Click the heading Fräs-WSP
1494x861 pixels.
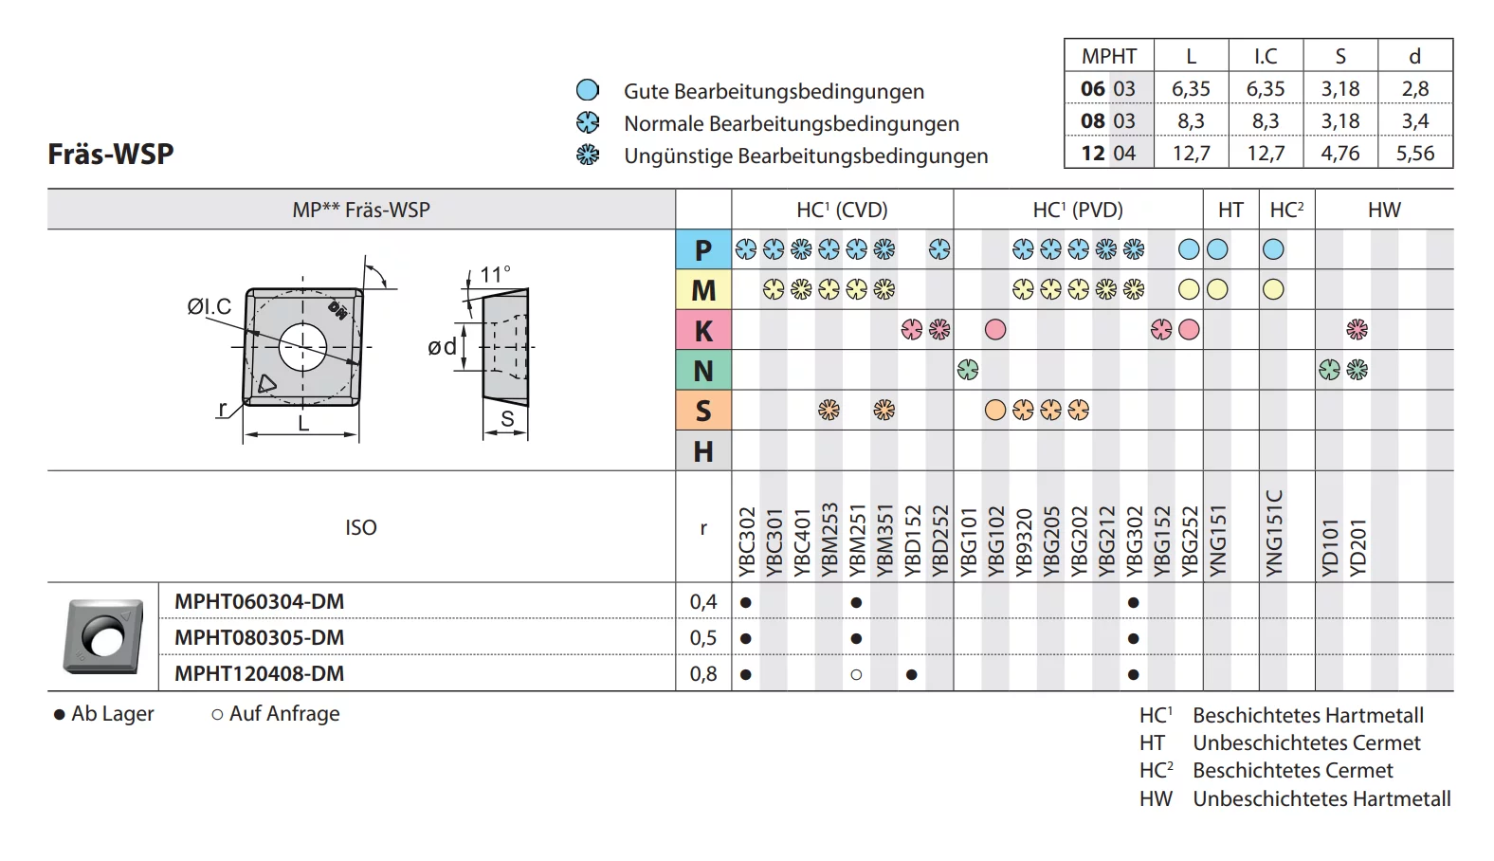click(x=111, y=154)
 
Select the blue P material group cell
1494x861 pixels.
click(x=702, y=249)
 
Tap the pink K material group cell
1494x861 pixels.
click(x=702, y=331)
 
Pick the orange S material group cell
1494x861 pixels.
click(x=702, y=411)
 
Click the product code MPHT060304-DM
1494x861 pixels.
click(x=259, y=601)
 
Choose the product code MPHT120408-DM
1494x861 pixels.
click(x=259, y=673)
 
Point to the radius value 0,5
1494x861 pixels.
click(x=702, y=637)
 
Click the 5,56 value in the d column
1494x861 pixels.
click(x=1414, y=153)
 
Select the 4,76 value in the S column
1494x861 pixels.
click(x=1339, y=153)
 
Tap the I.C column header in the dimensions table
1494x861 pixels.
click(x=1265, y=56)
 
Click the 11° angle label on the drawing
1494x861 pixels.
click(x=495, y=274)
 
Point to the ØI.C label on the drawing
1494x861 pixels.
click(x=209, y=306)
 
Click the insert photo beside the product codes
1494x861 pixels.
click(x=103, y=636)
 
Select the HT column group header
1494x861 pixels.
click(x=1230, y=210)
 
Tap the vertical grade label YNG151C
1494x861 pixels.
click(x=1273, y=532)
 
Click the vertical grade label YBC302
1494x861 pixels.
click(x=746, y=540)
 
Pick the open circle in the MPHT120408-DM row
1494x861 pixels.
click(x=856, y=674)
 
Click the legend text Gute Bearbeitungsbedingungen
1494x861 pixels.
click(x=774, y=91)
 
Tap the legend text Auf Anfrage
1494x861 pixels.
click(x=283, y=713)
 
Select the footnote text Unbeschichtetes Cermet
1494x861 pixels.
click(x=1306, y=742)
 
